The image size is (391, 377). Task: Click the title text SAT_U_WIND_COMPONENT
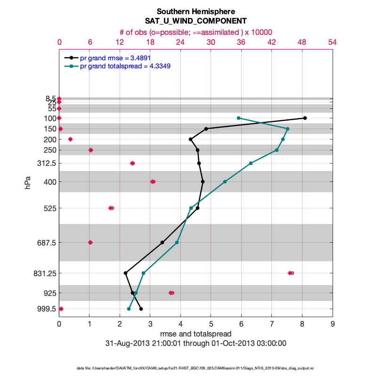click(x=195, y=21)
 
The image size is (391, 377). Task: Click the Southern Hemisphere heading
click(x=195, y=11)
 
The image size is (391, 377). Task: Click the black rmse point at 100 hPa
click(x=305, y=118)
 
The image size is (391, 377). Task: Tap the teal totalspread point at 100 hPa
click(x=239, y=118)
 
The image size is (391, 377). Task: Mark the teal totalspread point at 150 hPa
click(x=287, y=129)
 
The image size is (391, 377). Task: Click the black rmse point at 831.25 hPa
click(x=125, y=273)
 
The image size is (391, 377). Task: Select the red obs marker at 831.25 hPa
click(x=291, y=273)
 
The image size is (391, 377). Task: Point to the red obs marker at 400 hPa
click(x=153, y=181)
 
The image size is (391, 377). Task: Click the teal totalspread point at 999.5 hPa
click(x=129, y=309)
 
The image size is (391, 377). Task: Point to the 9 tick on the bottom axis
click(x=333, y=324)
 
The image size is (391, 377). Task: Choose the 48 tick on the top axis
click(x=302, y=42)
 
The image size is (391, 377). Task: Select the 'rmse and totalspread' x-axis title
click(x=195, y=334)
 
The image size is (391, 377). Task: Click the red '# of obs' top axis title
click(x=195, y=32)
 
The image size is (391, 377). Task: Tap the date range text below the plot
click(x=195, y=343)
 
